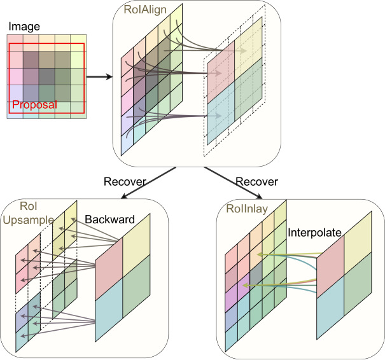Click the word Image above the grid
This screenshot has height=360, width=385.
point(24,27)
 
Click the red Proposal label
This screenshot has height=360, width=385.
point(34,105)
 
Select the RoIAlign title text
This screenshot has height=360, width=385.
point(145,10)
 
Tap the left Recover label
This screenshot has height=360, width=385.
point(125,182)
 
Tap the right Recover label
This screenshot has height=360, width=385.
point(257,182)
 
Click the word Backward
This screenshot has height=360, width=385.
point(109,219)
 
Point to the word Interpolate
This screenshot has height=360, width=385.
point(314,232)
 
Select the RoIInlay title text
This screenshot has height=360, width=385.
point(247,209)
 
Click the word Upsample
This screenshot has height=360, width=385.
point(28,220)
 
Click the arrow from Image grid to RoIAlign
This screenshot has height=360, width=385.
point(99,77)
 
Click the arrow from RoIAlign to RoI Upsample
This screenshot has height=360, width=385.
point(148,183)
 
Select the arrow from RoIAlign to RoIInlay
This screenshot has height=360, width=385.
point(233,183)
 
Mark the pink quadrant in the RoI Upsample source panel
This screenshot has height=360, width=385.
point(109,269)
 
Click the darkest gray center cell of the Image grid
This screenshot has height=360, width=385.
point(46,77)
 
